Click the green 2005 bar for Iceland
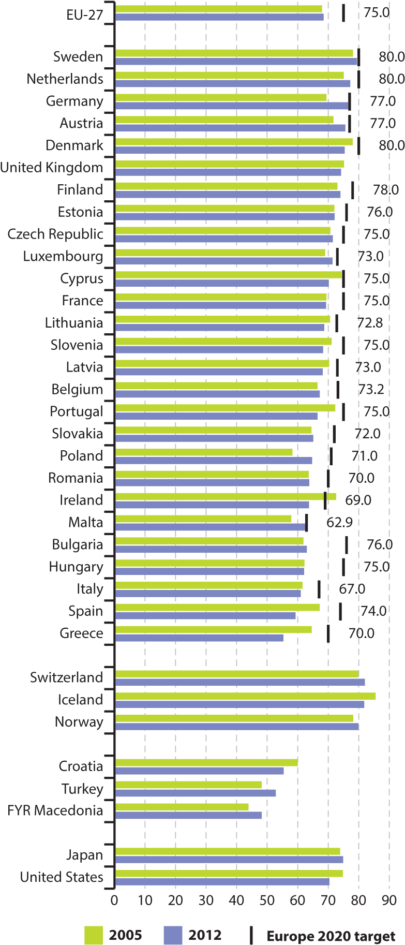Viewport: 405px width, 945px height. [x=245, y=696]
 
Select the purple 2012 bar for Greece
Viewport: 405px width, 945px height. [x=199, y=638]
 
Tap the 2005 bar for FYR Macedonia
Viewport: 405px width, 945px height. [x=182, y=807]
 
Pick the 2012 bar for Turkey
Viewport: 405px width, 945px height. [x=196, y=793]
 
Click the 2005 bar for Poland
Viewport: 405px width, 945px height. [x=204, y=452]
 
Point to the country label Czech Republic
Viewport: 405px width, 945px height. [x=55, y=234]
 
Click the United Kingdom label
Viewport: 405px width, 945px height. [x=52, y=168]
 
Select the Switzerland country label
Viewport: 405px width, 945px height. [x=66, y=677]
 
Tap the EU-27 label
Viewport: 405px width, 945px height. [x=85, y=14]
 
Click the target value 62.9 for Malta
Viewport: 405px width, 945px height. [x=339, y=522]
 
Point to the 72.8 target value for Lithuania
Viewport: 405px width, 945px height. [x=370, y=323]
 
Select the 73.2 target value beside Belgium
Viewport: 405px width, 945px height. [x=370, y=389]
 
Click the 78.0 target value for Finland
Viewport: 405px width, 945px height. [x=385, y=190]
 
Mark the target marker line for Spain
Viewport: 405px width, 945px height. [x=340, y=611]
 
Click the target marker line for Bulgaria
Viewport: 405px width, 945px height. [x=347, y=545]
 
